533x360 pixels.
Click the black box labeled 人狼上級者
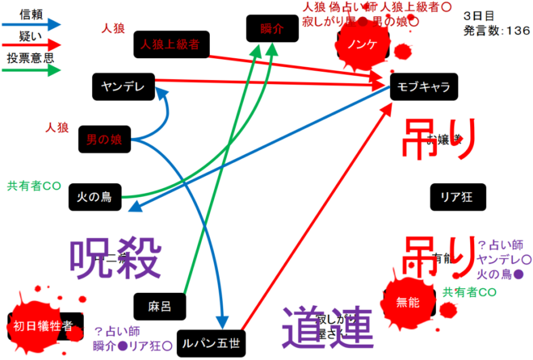click(x=170, y=44)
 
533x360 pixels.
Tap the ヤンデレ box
click(x=123, y=86)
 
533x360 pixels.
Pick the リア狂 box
click(x=455, y=195)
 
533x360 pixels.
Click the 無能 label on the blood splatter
click(x=408, y=303)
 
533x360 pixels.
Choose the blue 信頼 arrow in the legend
click(x=31, y=25)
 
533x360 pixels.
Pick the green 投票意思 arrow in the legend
click(x=31, y=71)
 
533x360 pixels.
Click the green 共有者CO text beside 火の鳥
click(x=34, y=185)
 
